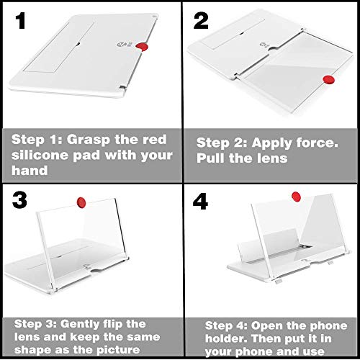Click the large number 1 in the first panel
pyautogui.click(x=21, y=21)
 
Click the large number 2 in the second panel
pyautogui.click(x=201, y=21)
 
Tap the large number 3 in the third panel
pyautogui.click(x=19, y=200)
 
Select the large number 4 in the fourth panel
pyautogui.click(x=200, y=202)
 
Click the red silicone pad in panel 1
pyautogui.click(x=142, y=47)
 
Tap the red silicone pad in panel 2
pyautogui.click(x=328, y=80)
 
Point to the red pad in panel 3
pyautogui.click(x=81, y=202)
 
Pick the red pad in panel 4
pyautogui.click(x=296, y=197)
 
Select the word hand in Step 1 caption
pyautogui.click(x=30, y=171)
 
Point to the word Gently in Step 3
pyautogui.click(x=80, y=325)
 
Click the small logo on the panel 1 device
pyautogui.click(x=121, y=45)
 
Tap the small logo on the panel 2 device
pyautogui.click(x=264, y=45)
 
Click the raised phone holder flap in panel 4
pyautogui.click(x=268, y=243)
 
